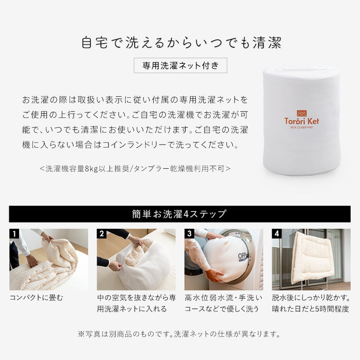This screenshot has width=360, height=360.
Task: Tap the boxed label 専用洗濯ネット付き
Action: tap(180, 66)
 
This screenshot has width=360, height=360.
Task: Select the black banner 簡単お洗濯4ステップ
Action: tap(179, 214)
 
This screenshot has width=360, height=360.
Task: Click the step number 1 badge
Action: tap(14, 234)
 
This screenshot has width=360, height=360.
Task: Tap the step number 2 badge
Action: tap(102, 234)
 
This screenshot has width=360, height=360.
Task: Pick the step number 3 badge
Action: tap(190, 234)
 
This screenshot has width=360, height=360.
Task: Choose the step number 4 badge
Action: tap(277, 234)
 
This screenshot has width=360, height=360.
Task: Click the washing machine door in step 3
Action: tap(242, 255)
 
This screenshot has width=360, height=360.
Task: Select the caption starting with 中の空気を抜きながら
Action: tap(136, 303)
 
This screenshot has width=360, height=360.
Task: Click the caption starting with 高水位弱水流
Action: tap(223, 303)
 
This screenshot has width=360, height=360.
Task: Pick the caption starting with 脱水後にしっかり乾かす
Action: tap(311, 303)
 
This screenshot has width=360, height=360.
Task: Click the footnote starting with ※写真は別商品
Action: tap(179, 334)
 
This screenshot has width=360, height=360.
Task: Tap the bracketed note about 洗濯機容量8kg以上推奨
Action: tap(135, 168)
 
